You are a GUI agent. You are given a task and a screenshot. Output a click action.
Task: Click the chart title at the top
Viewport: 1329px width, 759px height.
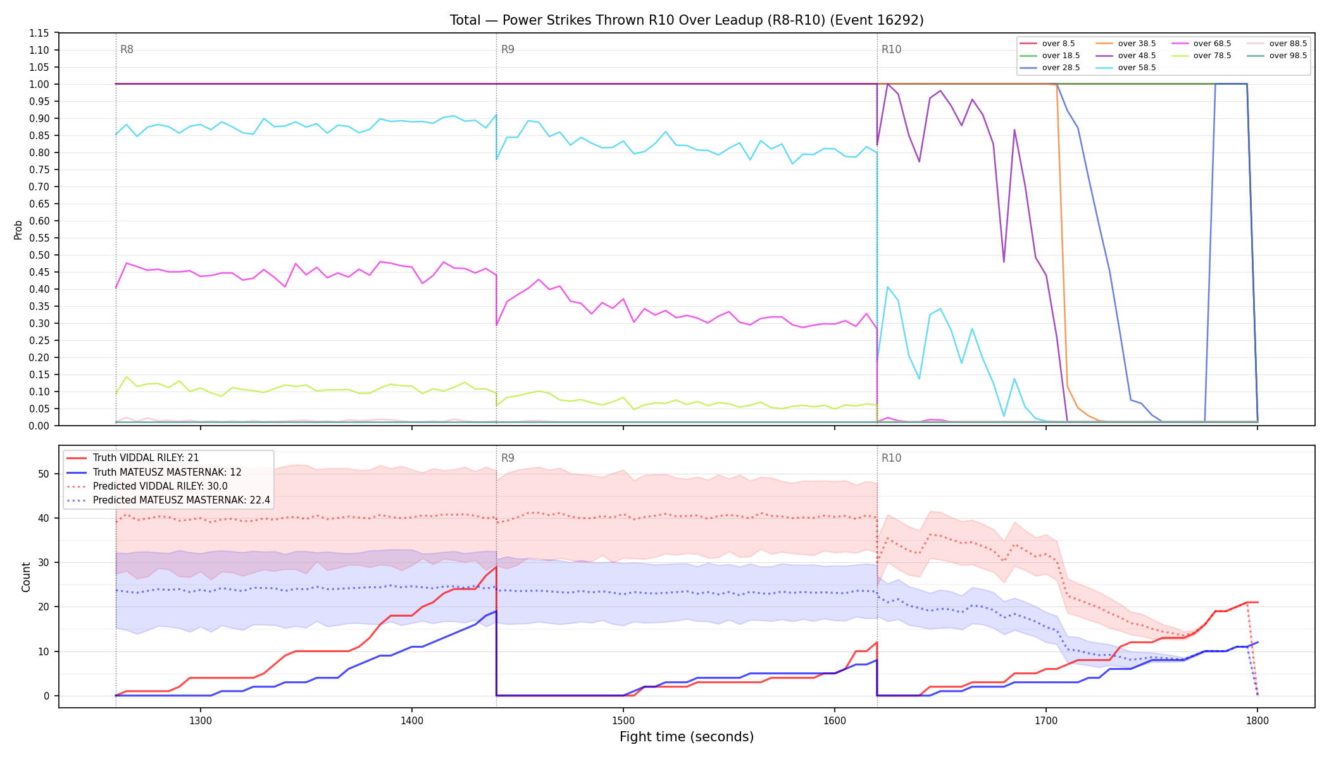pos(687,20)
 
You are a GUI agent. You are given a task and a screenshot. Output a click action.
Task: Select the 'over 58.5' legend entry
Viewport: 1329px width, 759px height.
pos(1125,68)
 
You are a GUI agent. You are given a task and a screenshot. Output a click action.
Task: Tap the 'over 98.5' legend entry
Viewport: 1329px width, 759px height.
pos(1276,56)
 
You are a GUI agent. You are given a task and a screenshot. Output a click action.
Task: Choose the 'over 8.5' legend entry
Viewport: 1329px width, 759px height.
pos(1047,44)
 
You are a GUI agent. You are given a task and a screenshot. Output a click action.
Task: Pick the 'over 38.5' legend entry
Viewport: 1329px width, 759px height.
pos(1125,44)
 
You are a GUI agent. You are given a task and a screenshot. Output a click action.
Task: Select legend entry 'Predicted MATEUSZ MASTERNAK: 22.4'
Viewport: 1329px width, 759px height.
pos(168,500)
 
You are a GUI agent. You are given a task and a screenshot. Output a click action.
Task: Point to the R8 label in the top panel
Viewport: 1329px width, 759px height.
pos(127,49)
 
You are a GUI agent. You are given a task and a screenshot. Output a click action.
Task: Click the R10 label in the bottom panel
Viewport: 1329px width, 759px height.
pos(891,458)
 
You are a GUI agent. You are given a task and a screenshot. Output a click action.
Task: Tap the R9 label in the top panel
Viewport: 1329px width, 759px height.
pos(508,49)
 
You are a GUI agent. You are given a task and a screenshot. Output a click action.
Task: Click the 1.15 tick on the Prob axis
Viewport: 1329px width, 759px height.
pos(39,33)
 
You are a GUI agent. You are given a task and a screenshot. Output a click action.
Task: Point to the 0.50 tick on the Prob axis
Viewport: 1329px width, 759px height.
pos(39,255)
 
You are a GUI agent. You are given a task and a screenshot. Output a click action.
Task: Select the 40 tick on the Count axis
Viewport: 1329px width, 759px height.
pos(44,518)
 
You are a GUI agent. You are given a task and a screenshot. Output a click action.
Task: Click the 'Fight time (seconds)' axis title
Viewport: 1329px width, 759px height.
pos(687,737)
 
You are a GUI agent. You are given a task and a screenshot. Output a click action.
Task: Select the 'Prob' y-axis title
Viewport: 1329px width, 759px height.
pos(18,230)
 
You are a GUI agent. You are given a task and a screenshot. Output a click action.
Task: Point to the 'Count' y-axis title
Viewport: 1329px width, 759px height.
pos(26,577)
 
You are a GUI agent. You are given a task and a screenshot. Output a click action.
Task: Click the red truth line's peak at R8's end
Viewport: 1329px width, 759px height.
pos(496,567)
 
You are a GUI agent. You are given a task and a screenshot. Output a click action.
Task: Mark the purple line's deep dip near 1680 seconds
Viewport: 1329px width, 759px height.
pos(1004,261)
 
